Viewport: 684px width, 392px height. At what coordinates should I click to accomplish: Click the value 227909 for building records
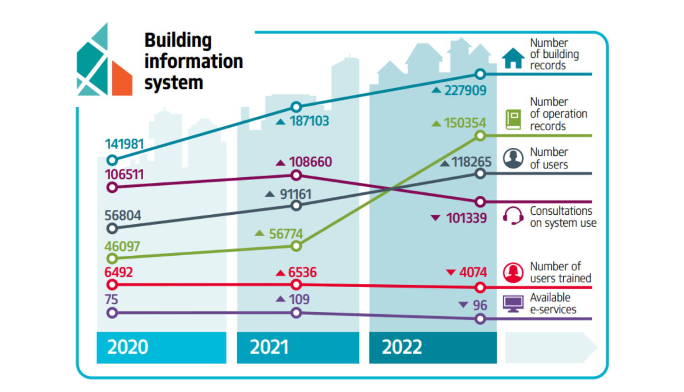(465, 90)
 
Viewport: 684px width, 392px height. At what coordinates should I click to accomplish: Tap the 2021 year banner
(298, 347)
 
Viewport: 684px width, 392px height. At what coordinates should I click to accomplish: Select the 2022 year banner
(432, 347)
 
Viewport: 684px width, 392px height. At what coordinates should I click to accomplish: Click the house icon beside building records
(513, 58)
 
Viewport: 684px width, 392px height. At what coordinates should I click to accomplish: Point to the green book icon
(513, 119)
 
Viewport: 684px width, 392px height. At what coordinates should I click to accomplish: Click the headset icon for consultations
(513, 216)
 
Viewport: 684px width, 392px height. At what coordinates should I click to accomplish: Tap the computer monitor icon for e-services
(513, 304)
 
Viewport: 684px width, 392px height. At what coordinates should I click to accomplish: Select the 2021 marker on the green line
(296, 246)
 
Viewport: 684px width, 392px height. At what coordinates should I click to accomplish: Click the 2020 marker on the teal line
(112, 160)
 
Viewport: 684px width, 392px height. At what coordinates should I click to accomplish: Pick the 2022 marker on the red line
(480, 288)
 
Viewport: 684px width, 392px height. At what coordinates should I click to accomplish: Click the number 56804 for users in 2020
(123, 215)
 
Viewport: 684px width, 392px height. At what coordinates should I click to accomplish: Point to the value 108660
(310, 162)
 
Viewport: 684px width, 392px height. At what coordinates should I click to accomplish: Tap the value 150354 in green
(465, 123)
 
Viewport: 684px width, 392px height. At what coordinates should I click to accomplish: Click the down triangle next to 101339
(435, 218)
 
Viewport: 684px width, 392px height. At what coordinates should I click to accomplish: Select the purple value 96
(480, 305)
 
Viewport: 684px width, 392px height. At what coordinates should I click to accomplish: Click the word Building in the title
(178, 40)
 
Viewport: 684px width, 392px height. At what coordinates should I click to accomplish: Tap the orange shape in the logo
(121, 80)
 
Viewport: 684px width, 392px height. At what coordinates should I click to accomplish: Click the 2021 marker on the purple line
(296, 313)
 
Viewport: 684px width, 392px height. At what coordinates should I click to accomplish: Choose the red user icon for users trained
(513, 273)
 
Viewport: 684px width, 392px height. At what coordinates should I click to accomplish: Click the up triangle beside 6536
(280, 273)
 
